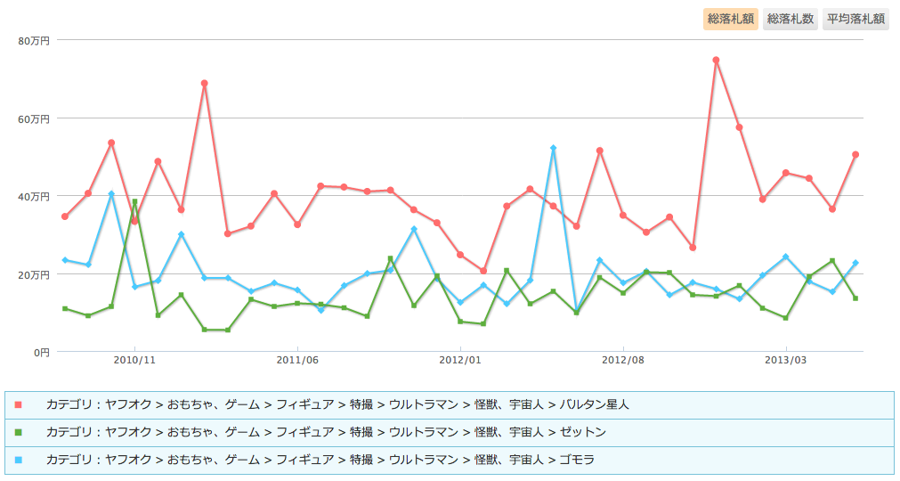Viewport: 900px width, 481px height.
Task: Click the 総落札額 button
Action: (732, 19)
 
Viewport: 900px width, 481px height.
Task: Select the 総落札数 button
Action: (791, 19)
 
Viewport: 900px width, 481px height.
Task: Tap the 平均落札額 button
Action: (855, 19)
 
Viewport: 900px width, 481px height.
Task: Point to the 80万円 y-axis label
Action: (35, 40)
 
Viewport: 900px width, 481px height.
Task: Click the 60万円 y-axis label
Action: (35, 118)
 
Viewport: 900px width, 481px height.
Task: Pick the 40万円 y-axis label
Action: (35, 196)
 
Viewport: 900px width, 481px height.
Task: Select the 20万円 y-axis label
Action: (35, 274)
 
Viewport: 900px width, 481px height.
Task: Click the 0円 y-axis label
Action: (42, 352)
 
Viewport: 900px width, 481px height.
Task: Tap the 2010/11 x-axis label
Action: (134, 360)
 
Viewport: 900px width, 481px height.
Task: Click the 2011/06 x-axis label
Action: (297, 360)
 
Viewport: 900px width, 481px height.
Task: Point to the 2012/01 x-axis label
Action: (460, 360)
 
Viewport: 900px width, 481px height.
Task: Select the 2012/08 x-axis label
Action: (623, 360)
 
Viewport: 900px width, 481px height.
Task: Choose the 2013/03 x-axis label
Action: (786, 360)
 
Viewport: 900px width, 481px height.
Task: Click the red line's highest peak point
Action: (716, 60)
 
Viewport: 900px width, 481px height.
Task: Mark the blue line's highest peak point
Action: (553, 148)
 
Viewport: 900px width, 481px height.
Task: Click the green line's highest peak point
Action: (134, 201)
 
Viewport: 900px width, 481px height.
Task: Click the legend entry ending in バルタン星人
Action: (337, 404)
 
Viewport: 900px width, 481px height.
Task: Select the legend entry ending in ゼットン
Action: (326, 432)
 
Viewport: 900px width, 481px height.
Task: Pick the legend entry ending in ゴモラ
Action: (320, 460)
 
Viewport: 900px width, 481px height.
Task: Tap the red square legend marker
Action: (19, 405)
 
